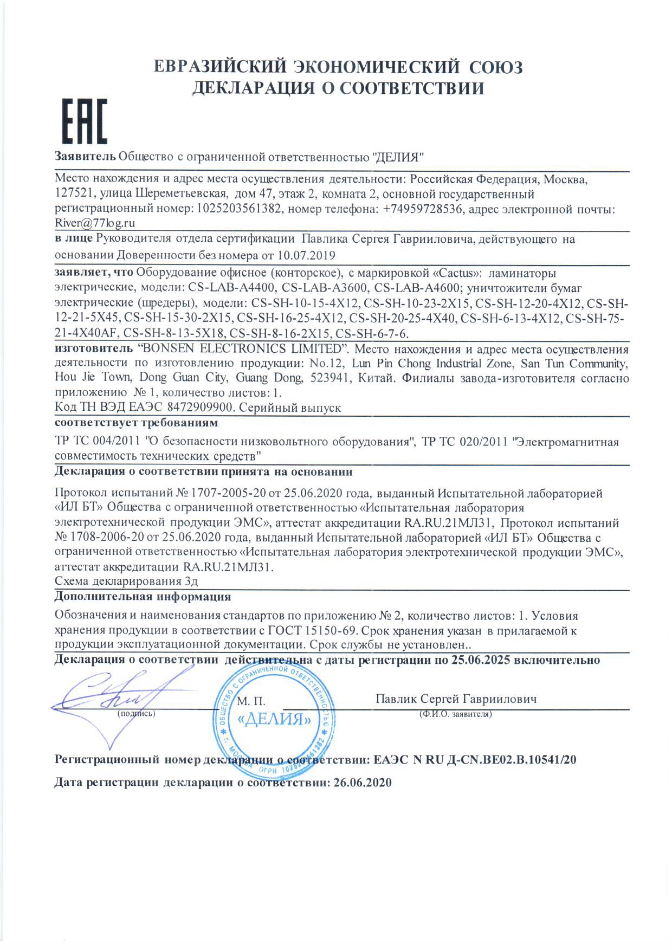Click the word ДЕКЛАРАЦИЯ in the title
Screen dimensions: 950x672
pos(255,87)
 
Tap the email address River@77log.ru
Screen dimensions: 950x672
pos(95,222)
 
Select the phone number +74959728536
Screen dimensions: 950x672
pos(424,209)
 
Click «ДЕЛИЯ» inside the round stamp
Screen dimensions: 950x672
pos(275,720)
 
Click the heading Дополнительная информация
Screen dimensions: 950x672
pos(143,597)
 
